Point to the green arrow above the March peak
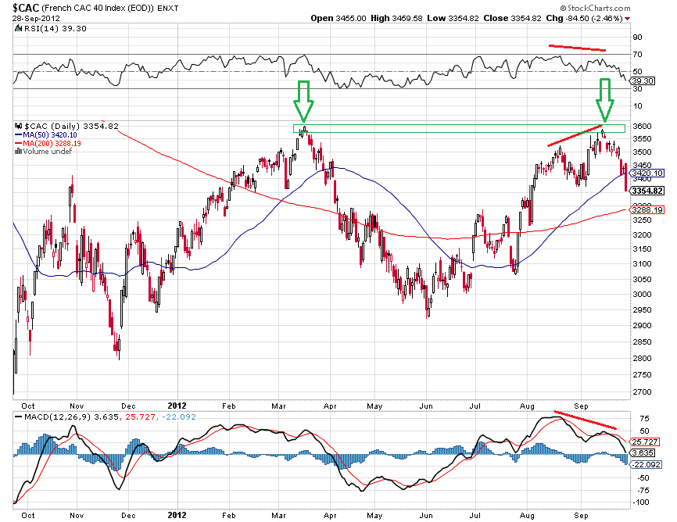tap(304, 98)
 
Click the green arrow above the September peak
tap(604, 98)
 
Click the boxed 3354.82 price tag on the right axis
tap(648, 191)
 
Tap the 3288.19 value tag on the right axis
tap(648, 210)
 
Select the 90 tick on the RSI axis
tap(637, 37)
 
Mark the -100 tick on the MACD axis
tap(640, 502)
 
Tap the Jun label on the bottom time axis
tap(426, 516)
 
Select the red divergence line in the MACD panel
tap(586, 420)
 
